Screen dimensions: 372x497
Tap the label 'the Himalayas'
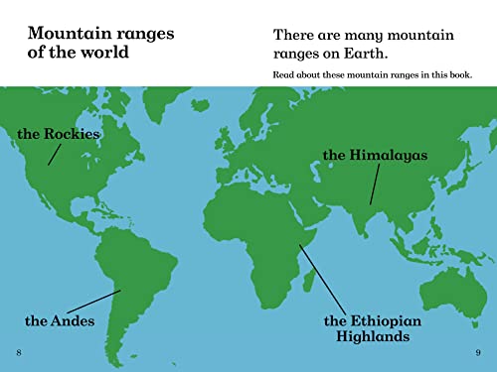pyautogui.click(x=375, y=155)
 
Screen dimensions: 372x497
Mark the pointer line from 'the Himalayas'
pyautogui.click(x=375, y=185)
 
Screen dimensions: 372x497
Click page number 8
pyautogui.click(x=18, y=353)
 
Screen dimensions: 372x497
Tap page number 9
pyautogui.click(x=478, y=353)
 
